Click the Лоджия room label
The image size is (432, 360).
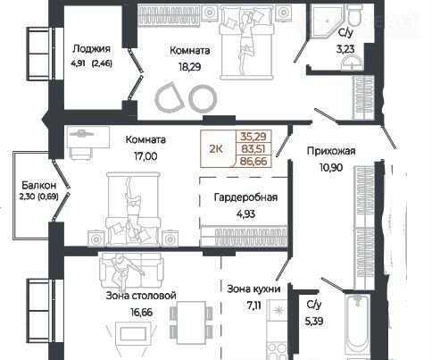pos(91,49)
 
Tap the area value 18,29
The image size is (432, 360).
pos(190,67)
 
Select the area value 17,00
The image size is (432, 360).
pos(145,156)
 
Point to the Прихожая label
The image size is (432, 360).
pos(331,151)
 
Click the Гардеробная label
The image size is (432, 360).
pos(245,197)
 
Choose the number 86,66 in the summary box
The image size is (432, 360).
pos(253,161)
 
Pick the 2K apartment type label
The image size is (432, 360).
pos(216,148)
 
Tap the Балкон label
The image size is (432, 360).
pos(39,186)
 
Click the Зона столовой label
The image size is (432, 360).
pos(141,296)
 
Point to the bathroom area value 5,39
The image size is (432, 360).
pos(314,322)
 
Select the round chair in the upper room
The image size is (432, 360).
pos(204,98)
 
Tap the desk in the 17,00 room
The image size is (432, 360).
pos(88,137)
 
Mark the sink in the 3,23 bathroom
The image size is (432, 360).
pos(352,63)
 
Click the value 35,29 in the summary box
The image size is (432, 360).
pos(253,137)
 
